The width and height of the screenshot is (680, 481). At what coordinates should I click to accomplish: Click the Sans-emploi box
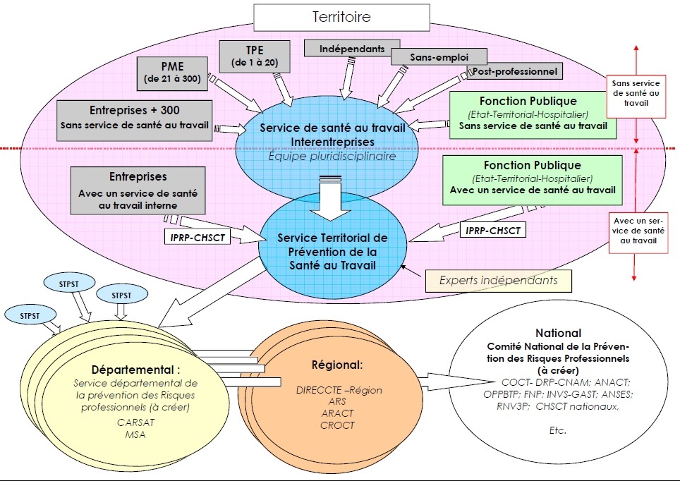click(x=439, y=56)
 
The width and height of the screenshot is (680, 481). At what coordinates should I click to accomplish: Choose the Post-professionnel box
click(x=513, y=71)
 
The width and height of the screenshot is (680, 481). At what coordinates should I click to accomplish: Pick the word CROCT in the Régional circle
click(x=336, y=425)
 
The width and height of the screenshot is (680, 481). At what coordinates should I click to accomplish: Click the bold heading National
click(x=558, y=333)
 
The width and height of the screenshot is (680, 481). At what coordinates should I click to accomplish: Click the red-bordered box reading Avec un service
click(x=636, y=229)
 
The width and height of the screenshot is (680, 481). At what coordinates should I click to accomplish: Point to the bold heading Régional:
click(x=337, y=365)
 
